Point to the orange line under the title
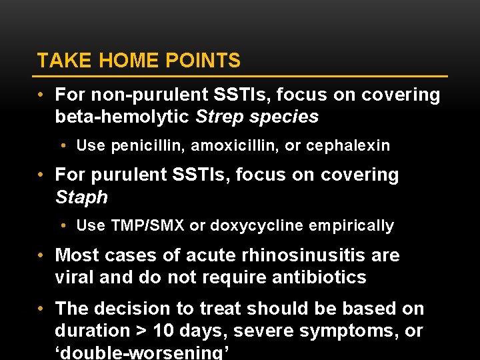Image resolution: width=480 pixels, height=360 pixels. pyautogui.click(x=242, y=76)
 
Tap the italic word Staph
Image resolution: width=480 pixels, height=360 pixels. pyautogui.click(x=81, y=197)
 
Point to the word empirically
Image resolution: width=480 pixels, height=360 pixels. pyautogui.click(x=351, y=225)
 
